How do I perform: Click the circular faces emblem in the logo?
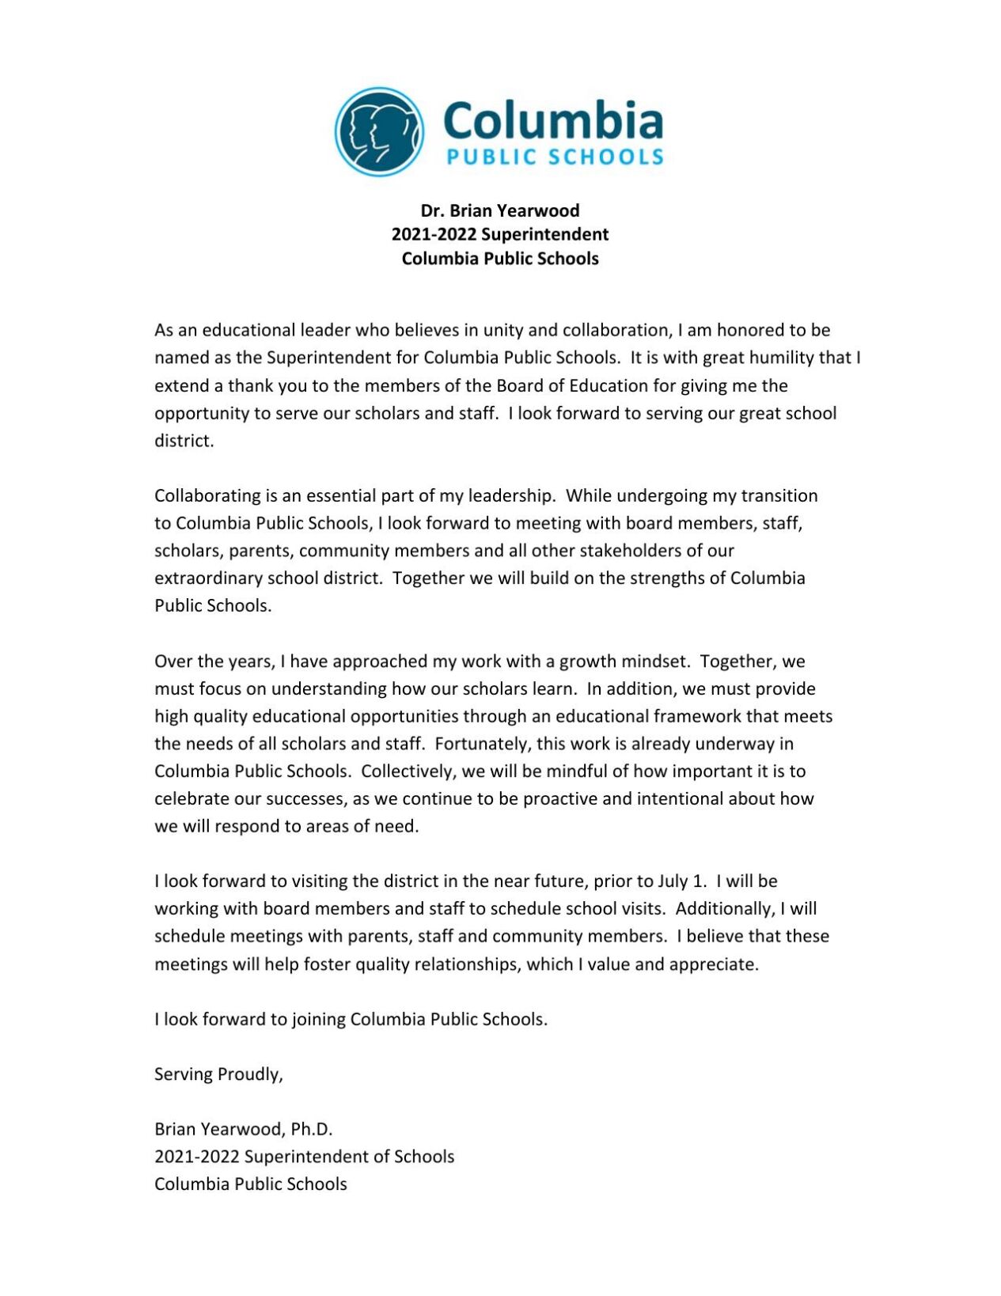[379, 131]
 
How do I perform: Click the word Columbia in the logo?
[552, 121]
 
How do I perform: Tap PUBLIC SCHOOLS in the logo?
[554, 157]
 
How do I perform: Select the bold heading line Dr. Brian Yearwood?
[499, 210]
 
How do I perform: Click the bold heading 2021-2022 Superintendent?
[499, 234]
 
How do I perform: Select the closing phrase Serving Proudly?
[218, 1074]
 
